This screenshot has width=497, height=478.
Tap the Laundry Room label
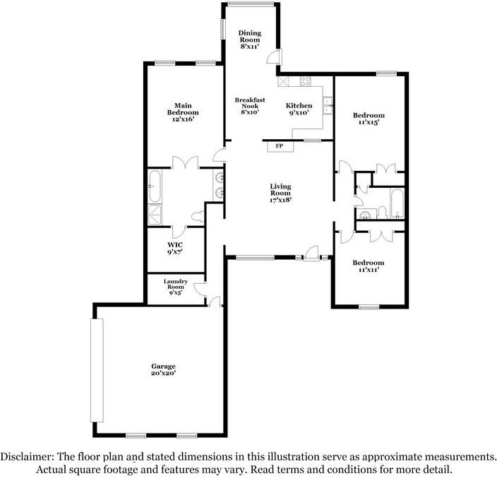(175, 286)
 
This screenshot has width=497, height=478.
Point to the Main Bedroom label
(183, 113)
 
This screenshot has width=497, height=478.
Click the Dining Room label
(250, 40)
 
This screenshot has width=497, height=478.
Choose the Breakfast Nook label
(250, 106)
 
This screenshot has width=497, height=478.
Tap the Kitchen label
(299, 109)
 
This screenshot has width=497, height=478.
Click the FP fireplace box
(280, 146)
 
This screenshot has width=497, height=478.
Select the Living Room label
(280, 193)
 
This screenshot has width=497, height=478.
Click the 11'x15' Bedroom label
(369, 119)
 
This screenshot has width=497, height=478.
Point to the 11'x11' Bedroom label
(369, 267)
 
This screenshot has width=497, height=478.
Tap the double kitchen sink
(328, 106)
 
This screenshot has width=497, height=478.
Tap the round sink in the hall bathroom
(366, 215)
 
